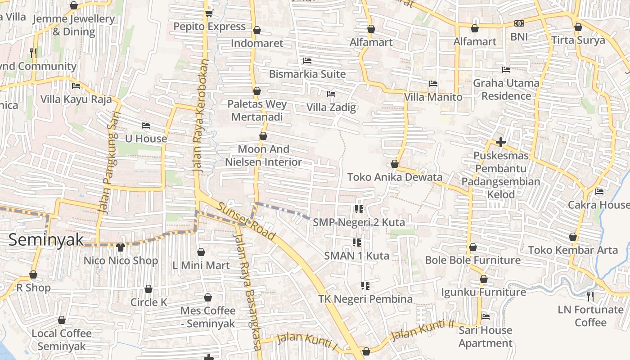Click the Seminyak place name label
46,239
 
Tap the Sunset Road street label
247,221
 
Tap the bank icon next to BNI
519,23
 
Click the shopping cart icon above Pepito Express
209,13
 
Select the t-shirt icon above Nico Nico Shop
120,247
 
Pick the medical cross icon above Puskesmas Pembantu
500,142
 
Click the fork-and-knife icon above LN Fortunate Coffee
590,296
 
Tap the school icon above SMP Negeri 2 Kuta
359,209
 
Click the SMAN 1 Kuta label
357,256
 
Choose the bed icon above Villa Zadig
331,94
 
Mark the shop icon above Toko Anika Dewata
395,164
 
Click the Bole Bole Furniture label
472,260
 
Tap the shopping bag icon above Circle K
148,289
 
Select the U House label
146,139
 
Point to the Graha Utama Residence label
506,90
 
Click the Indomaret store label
257,43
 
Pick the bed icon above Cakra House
599,192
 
